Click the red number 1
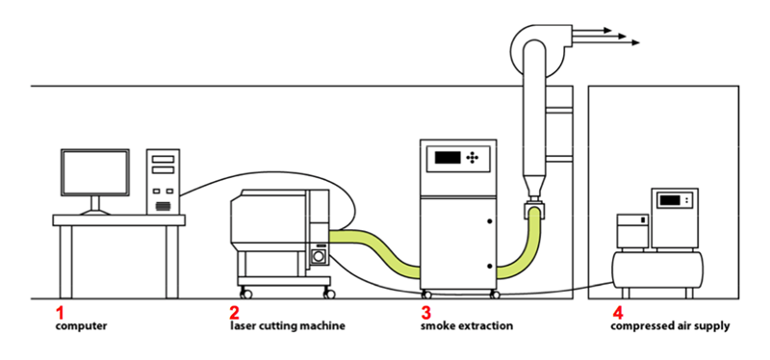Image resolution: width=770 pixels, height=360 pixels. [60, 313]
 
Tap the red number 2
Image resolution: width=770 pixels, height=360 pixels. [234, 313]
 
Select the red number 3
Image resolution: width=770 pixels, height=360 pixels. [425, 313]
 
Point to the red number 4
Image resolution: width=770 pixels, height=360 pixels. [617, 313]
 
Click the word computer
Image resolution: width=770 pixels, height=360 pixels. [81, 325]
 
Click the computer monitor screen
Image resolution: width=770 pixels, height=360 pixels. [95, 172]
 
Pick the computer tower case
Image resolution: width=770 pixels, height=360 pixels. [163, 182]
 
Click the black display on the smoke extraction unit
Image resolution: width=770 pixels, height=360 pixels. [448, 158]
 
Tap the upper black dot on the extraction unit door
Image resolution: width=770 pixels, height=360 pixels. [490, 221]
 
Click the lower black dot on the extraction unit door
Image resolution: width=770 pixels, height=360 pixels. [490, 266]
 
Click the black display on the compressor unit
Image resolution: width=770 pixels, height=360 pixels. [670, 200]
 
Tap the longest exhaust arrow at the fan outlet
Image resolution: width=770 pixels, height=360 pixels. [606, 42]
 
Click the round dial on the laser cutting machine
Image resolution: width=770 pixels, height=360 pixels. [318, 256]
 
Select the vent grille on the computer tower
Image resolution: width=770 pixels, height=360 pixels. [163, 207]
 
